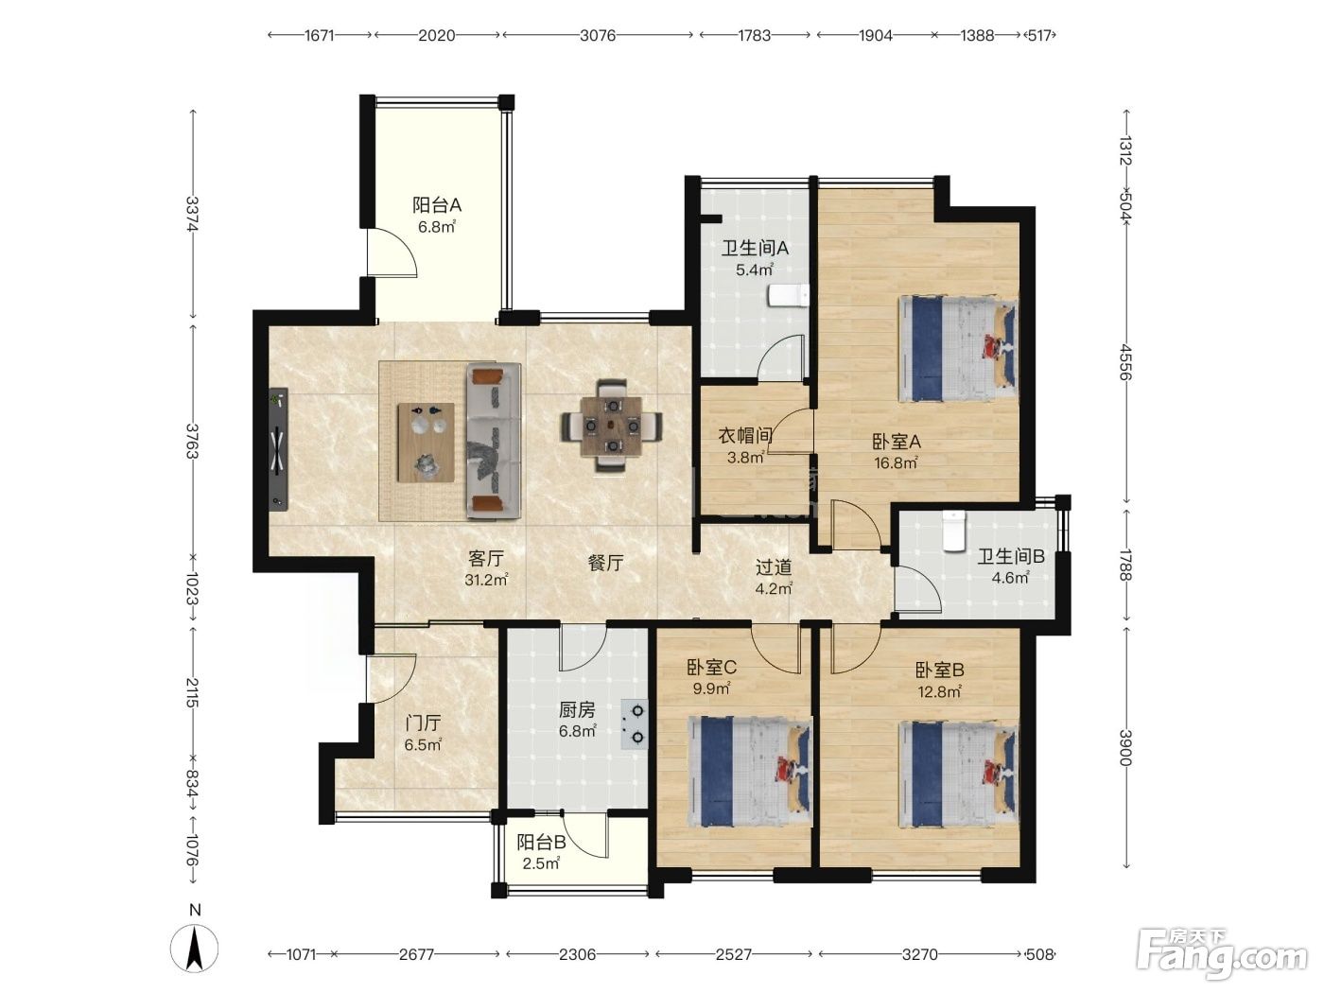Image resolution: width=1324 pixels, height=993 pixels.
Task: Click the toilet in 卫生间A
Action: point(788,295)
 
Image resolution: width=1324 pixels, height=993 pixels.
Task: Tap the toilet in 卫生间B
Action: point(954,531)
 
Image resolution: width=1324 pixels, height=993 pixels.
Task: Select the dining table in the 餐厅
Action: point(612,425)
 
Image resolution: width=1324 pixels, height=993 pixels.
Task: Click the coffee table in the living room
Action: point(426,443)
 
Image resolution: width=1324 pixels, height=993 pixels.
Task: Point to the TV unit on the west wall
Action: point(278,449)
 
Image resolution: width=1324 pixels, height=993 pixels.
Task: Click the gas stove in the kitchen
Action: point(634,723)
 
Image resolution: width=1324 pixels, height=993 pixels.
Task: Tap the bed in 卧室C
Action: point(750,772)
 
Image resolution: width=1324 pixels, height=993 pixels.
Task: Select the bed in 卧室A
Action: point(958,348)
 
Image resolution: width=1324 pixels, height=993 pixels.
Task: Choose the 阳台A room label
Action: point(437,205)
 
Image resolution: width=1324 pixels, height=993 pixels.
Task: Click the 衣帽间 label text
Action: point(745,435)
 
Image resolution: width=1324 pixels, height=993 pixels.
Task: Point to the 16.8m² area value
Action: point(897,463)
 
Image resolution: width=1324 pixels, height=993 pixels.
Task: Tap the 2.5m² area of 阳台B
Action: point(541,863)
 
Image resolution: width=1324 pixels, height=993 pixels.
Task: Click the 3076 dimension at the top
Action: point(598,36)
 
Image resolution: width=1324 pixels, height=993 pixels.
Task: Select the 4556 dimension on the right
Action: point(1125,362)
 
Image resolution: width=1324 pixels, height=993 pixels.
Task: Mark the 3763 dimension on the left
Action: point(192,441)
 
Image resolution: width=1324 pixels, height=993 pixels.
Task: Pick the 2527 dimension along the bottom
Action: point(734,954)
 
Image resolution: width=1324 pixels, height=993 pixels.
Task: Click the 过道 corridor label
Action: point(774,567)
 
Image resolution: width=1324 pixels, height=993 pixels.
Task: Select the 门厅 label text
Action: point(423,723)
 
